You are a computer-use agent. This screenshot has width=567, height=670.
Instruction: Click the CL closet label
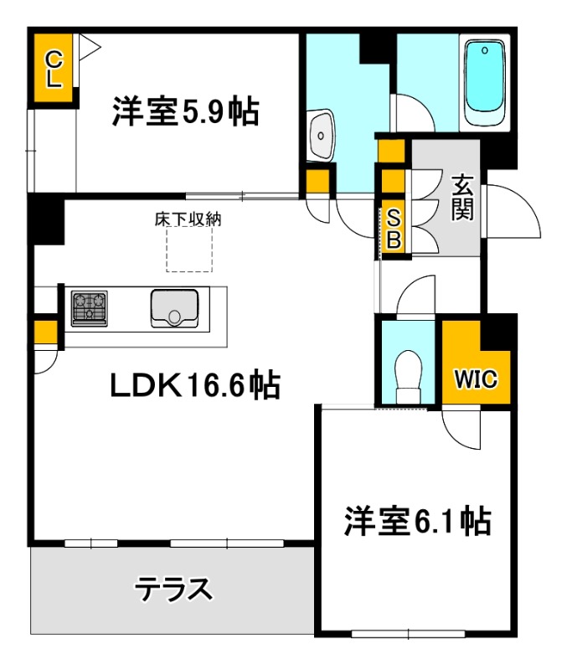tap(53, 69)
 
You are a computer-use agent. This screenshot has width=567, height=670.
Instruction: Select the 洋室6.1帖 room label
tap(416, 521)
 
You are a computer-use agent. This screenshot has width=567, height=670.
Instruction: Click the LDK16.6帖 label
tap(195, 385)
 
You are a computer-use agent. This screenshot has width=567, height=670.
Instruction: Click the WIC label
tap(476, 379)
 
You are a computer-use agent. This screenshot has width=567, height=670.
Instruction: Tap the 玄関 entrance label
tap(461, 197)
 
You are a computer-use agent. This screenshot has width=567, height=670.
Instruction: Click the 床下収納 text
tap(188, 219)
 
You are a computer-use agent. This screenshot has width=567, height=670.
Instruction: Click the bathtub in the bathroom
tap(484, 85)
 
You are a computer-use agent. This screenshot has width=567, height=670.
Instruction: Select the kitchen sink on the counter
tap(174, 308)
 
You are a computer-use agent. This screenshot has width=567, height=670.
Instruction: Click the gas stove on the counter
tap(90, 307)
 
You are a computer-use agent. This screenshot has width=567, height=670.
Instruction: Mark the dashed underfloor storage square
tap(189, 249)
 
